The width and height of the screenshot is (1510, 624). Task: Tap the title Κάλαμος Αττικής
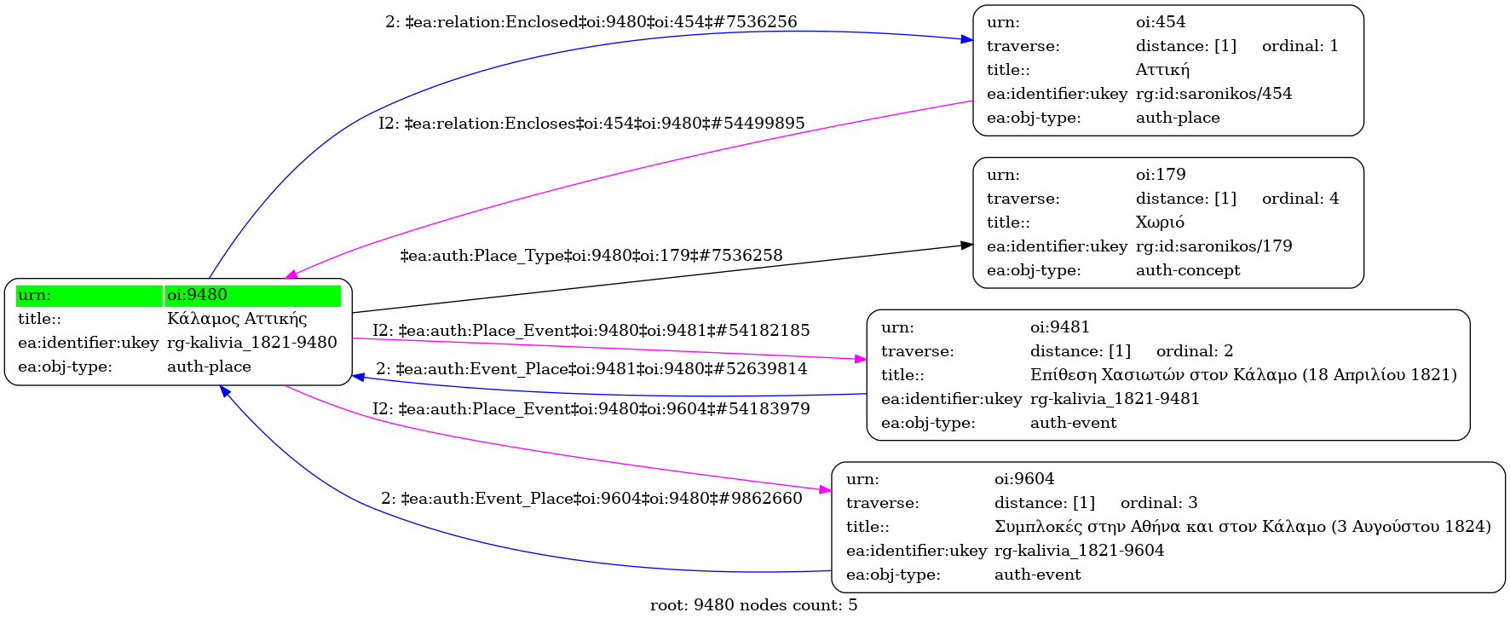(237, 319)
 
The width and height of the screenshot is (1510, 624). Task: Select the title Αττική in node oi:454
(1162, 70)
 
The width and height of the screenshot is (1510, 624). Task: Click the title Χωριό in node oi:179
(1160, 222)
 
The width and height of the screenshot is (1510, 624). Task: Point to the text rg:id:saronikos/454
(1213, 94)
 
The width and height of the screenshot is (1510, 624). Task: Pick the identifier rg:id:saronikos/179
(1213, 246)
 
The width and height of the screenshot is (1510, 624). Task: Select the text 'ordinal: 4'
(1300, 199)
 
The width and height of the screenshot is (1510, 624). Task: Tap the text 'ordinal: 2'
(1195, 351)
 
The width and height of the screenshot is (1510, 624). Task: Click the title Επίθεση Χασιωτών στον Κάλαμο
(1243, 375)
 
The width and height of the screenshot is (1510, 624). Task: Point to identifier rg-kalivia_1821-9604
(1079, 551)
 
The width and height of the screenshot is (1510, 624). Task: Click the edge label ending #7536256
(591, 22)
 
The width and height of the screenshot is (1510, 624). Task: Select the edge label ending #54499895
(591, 124)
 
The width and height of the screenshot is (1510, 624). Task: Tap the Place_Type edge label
(591, 256)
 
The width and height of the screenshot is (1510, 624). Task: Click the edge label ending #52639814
(591, 369)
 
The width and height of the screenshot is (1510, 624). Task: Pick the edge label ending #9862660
(591, 499)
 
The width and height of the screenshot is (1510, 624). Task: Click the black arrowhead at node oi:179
(967, 246)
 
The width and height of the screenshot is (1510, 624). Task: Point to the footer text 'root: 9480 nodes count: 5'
(753, 605)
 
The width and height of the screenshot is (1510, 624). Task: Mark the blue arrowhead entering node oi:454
(967, 39)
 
